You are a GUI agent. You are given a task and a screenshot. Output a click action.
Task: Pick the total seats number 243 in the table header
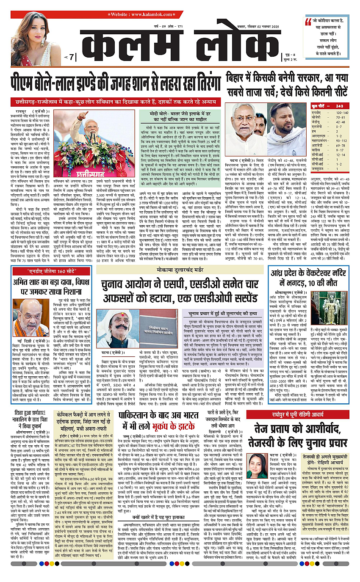click(x=339, y=105)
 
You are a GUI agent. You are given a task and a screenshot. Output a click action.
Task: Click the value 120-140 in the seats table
click(x=341, y=113)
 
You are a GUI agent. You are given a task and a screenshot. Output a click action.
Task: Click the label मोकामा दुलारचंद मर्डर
click(x=185, y=269)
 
